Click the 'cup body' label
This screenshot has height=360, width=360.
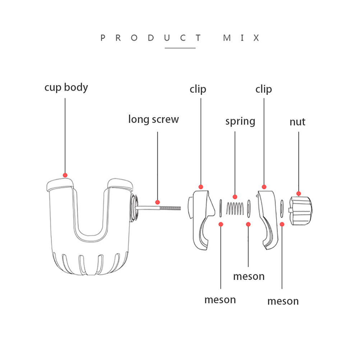[66, 87]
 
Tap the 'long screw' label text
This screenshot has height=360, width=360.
[153, 119]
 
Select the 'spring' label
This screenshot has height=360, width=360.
[240, 121]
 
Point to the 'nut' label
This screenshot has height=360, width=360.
[297, 122]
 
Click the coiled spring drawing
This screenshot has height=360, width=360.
[235, 208]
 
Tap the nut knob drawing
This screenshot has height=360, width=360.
[300, 210]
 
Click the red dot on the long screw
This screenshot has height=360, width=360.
[157, 202]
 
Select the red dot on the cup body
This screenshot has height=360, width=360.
[65, 175]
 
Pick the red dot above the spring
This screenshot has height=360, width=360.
[235, 197]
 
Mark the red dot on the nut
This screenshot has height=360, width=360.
[299, 194]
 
